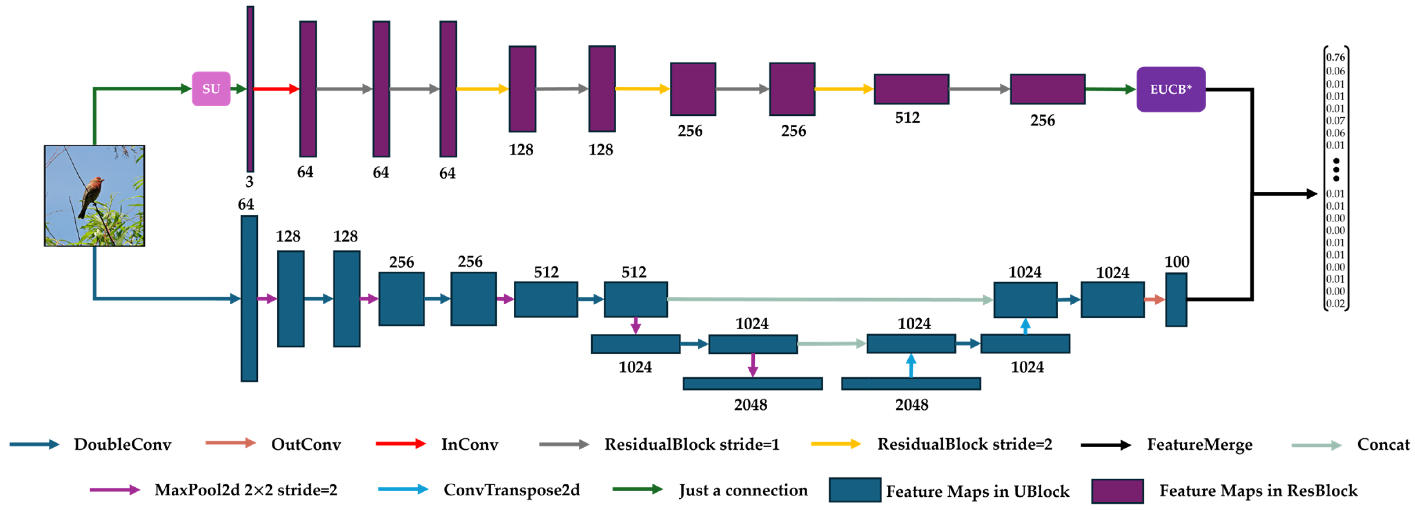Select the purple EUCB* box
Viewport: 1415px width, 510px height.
(1171, 89)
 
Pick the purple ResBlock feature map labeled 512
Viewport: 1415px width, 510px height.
(911, 89)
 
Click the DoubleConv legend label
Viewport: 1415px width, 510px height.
(123, 444)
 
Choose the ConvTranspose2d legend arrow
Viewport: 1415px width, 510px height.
(403, 489)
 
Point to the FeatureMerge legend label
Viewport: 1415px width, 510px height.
(1199, 444)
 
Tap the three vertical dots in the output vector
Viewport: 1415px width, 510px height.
(1336, 170)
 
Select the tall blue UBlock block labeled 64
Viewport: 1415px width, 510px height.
(249, 299)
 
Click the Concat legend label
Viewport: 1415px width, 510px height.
(1383, 444)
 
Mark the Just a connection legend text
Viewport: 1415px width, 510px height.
(743, 490)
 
